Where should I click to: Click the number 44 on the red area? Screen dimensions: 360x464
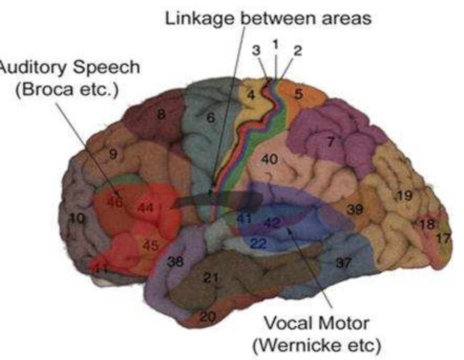[x=145, y=208]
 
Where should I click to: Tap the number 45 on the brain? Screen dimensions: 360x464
[x=151, y=246]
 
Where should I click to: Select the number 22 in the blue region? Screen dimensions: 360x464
[x=258, y=244]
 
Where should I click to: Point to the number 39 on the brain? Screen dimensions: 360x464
[x=355, y=209]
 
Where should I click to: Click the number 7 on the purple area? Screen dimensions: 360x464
[x=331, y=142]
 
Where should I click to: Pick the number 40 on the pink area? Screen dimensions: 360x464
[x=270, y=159]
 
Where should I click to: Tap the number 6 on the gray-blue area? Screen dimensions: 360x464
[x=210, y=118]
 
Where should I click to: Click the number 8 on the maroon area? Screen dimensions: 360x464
[x=161, y=115]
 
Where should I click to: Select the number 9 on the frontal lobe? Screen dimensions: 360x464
[x=113, y=154]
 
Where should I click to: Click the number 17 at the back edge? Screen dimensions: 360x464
[x=444, y=238]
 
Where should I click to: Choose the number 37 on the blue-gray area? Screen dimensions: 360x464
[x=343, y=263]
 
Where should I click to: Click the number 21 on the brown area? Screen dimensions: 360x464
[x=211, y=278]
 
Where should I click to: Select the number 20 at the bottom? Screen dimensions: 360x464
[x=207, y=317]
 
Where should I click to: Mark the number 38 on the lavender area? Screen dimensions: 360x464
[x=175, y=262]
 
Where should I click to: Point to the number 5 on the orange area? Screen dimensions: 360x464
[x=298, y=94]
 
